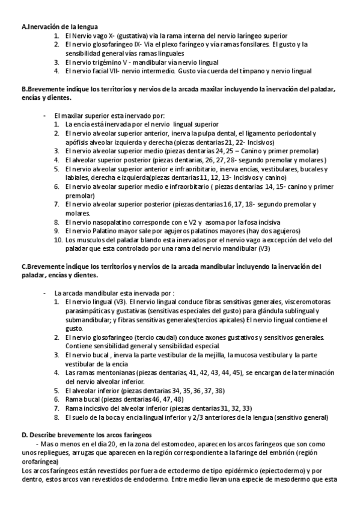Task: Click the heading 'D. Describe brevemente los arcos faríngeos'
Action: [x=86, y=434]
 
